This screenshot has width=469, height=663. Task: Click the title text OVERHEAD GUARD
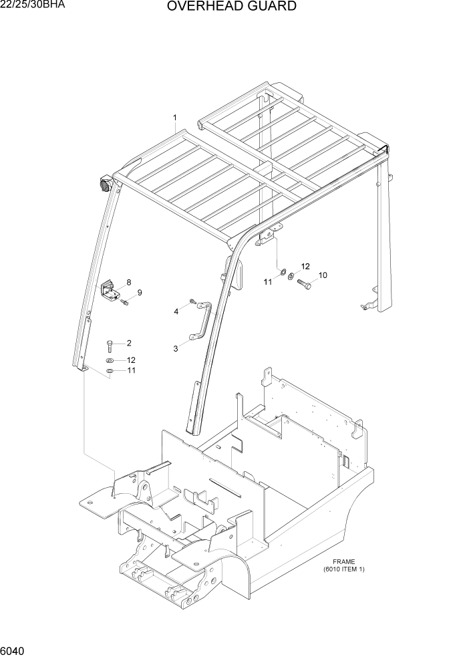coord(232,7)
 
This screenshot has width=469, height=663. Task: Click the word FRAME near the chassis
coord(343,562)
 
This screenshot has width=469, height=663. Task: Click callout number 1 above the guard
coord(175,118)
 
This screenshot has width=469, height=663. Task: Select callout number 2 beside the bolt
coord(128,344)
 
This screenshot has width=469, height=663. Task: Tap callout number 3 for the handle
coord(176,348)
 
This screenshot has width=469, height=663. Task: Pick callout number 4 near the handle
coord(176,311)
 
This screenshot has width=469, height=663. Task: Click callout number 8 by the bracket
coord(128,283)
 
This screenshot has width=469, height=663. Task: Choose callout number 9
coord(140,292)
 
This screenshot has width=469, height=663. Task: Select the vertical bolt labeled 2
coord(110,345)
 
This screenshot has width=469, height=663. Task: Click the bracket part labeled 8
coord(110,290)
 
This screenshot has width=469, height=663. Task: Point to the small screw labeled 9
coord(125,303)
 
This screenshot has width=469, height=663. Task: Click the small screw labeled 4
coord(192,302)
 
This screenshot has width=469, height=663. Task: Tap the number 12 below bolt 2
coord(131,360)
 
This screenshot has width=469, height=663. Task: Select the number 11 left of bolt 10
coord(267,282)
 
